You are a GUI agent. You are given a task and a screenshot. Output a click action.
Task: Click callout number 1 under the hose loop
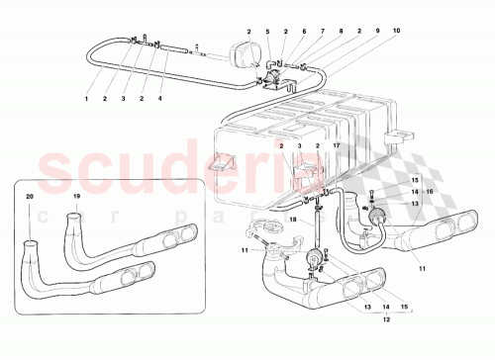[86, 100]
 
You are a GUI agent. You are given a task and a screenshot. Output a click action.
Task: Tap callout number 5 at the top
[267, 32]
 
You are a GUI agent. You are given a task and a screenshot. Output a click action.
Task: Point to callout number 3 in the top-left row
[123, 100]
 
